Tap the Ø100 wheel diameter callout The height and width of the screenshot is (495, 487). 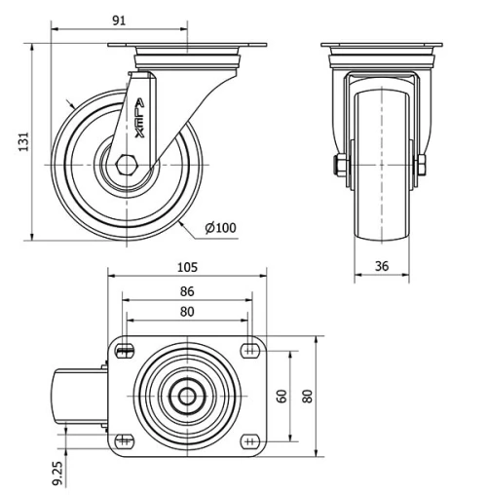221,228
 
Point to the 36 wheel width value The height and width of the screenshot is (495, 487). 381,265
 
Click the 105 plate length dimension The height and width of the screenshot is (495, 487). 187,267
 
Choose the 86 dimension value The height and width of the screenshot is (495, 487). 187,290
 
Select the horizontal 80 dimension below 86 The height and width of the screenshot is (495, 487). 187,312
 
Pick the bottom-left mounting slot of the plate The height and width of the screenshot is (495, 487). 126,439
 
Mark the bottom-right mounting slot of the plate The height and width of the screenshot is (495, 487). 249,439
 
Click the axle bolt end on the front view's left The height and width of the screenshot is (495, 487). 339,166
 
